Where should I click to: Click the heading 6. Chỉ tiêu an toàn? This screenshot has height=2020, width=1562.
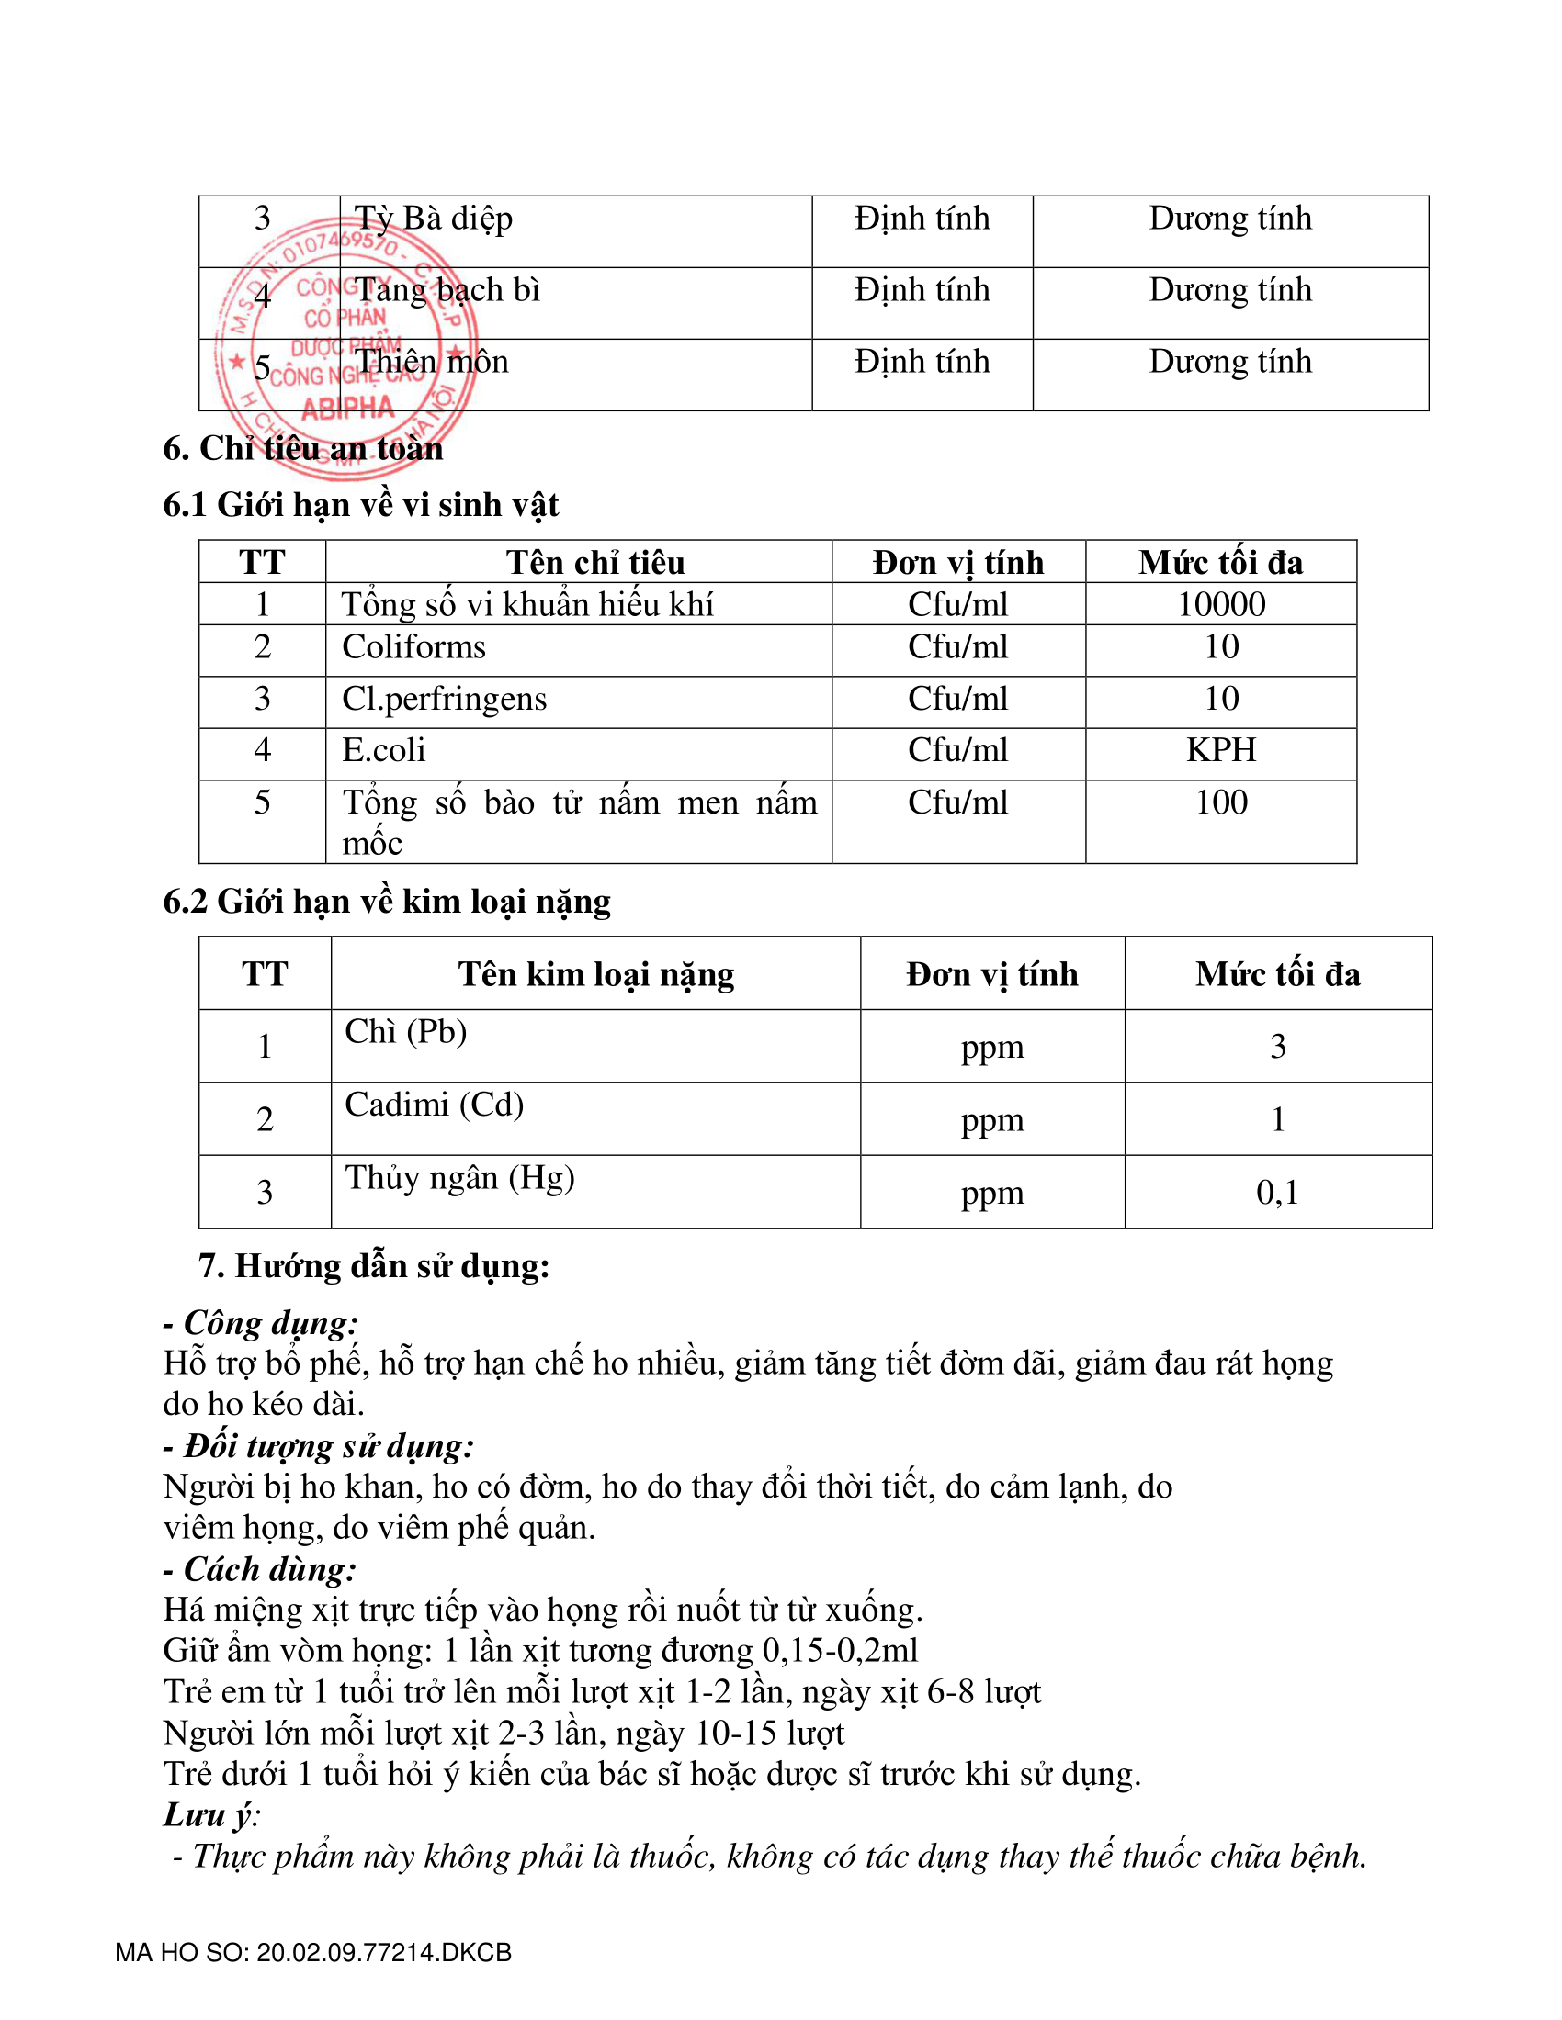[302, 449]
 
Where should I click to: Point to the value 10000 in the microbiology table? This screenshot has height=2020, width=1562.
[1220, 604]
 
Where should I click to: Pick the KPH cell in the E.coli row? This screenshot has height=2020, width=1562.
[1220, 749]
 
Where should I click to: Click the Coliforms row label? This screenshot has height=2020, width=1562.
[413, 646]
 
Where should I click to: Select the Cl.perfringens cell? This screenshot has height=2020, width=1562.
[444, 699]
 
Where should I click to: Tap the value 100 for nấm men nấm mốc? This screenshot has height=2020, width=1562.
[1220, 802]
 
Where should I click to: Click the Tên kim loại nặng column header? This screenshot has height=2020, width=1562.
[596, 974]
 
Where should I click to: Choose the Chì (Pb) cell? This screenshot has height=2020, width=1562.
[405, 1031]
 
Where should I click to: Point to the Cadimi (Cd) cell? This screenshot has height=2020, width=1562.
[434, 1105]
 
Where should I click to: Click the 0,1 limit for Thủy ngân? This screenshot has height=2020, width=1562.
[1277, 1192]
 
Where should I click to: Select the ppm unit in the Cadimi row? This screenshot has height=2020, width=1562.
[992, 1120]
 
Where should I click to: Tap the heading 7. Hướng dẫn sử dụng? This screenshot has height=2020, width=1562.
[374, 1265]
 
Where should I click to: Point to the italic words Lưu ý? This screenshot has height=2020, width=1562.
[211, 1813]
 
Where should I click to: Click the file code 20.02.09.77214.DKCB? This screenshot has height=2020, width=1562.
[383, 1951]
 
